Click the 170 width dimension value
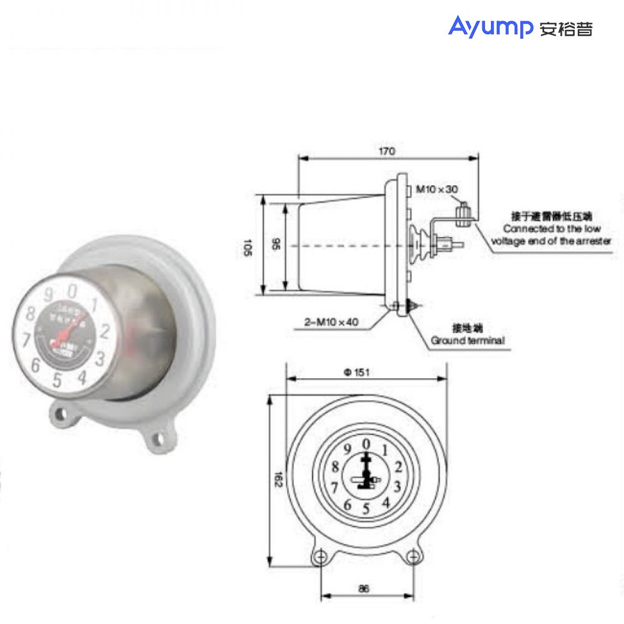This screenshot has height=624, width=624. coord(387,151)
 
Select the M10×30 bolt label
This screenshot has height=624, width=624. coord(437,189)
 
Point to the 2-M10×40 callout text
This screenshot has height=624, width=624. coord(331,323)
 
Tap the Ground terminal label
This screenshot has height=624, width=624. coord(467,341)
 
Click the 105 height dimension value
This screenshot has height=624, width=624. coord(248,247)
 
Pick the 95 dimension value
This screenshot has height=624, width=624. coord(277,246)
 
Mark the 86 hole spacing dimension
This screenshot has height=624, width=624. coord(366,588)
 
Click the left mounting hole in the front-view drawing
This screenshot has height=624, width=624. coord(320,557)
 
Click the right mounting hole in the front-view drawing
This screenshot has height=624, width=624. coord(412,557)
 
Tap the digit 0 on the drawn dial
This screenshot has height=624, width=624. coord(366,444)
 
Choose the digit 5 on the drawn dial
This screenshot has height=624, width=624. coord(366,509)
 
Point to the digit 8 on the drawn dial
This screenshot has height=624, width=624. coord(336,467)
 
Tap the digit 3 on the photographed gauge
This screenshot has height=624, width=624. coord(100,358)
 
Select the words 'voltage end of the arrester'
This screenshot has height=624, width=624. coord(551,241)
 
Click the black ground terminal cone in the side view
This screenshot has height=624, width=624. coord(412,306)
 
